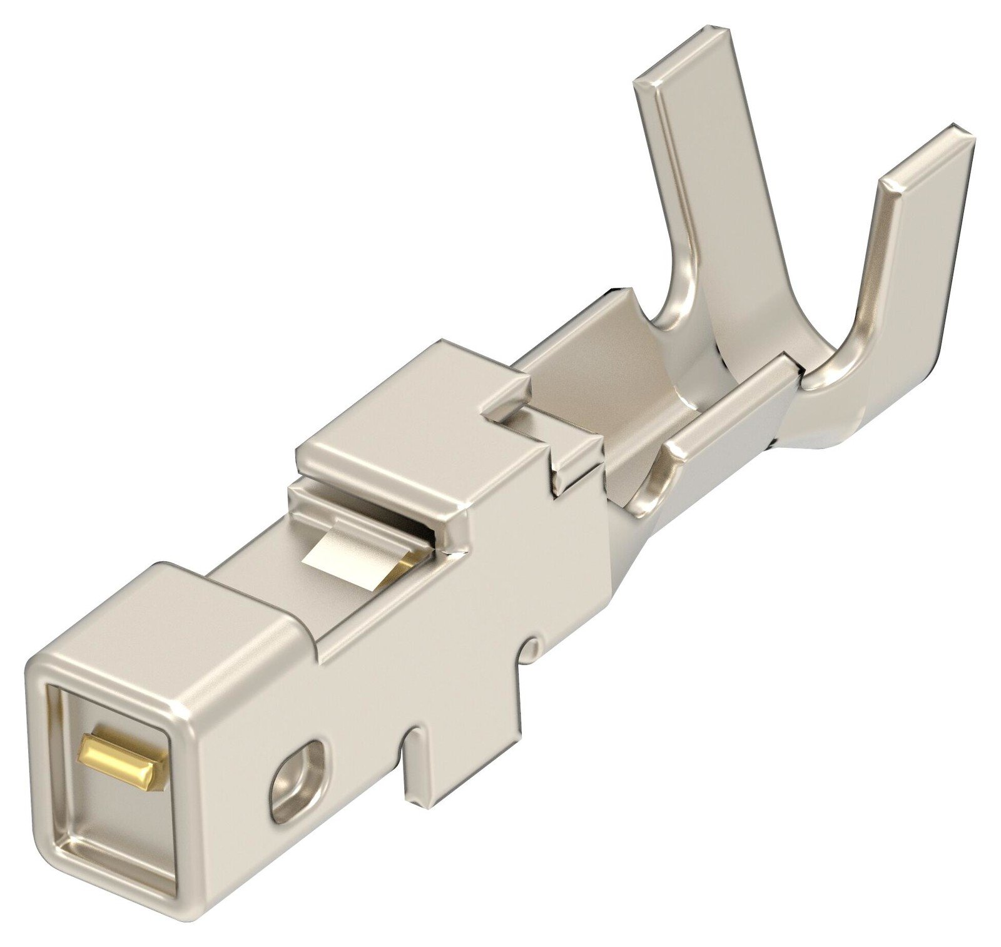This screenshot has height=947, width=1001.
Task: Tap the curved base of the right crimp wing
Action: (838, 369)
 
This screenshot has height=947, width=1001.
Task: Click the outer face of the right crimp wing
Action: (913, 281)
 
